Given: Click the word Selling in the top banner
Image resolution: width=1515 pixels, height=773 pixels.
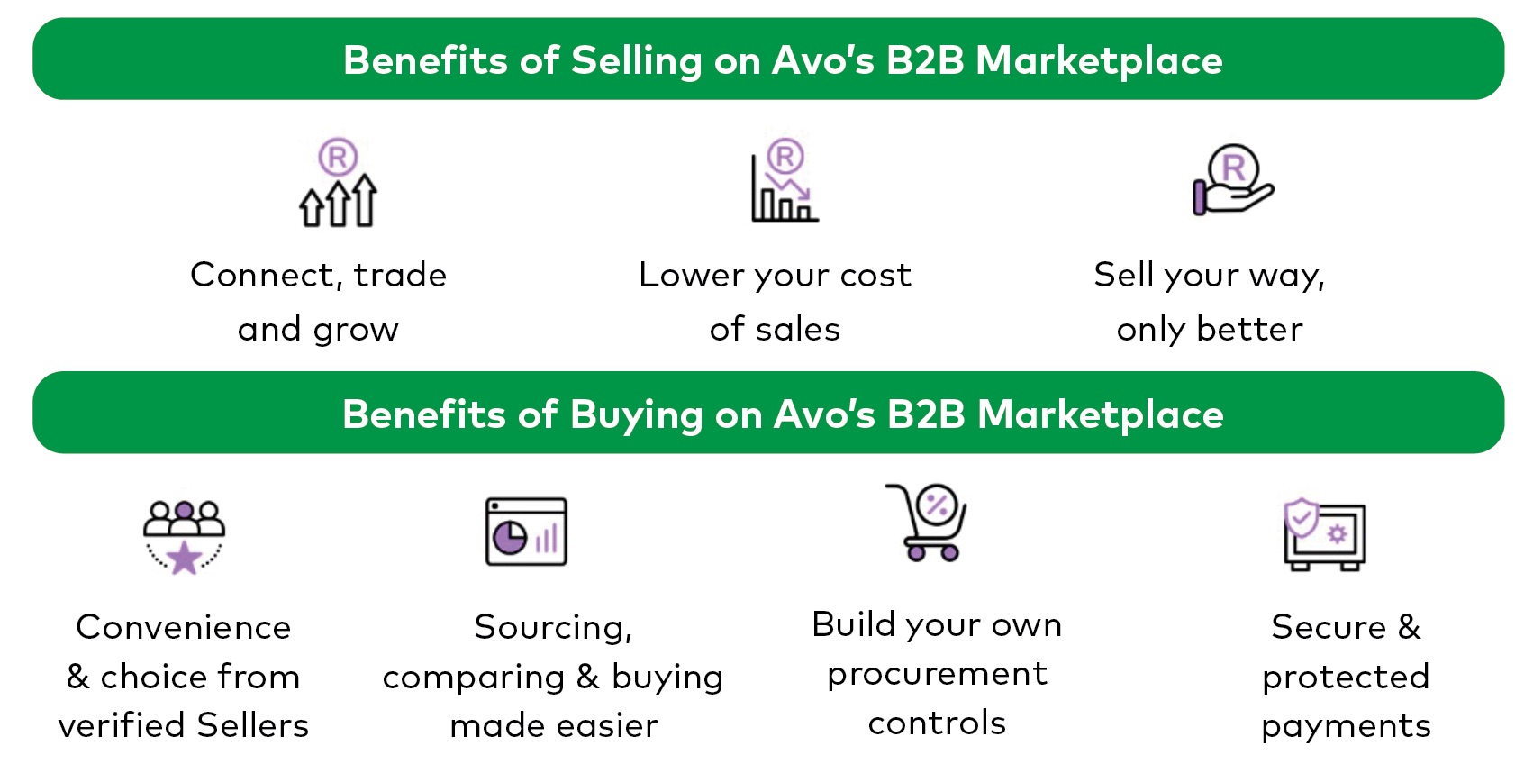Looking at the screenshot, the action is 637,61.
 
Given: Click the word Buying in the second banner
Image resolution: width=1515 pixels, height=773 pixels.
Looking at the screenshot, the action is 637,414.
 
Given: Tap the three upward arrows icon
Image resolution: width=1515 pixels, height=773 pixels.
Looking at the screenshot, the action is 338,200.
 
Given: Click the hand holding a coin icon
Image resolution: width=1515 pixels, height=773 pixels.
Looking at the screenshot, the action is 1232,180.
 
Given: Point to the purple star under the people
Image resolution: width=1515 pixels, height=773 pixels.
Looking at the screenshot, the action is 184,558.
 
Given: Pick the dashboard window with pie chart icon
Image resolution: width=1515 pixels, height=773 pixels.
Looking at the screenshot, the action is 526,532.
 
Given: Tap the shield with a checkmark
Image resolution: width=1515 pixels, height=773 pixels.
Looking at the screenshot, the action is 1302,518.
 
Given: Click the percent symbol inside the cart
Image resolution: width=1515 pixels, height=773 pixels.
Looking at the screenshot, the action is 937,505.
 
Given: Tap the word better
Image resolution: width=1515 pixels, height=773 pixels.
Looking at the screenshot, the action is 1249,330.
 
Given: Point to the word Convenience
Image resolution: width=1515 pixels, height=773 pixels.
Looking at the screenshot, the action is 183,627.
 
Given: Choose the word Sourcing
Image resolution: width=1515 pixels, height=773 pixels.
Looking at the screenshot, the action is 553,628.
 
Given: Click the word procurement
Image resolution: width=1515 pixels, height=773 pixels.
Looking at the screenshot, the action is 937,674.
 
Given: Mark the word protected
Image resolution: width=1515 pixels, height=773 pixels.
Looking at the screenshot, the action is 1346,677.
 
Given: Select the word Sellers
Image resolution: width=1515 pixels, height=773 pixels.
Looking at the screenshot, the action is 252,725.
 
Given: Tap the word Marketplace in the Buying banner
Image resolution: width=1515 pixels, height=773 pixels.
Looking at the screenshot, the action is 1101,414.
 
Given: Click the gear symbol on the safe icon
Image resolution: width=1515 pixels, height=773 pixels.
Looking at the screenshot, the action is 1338,534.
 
